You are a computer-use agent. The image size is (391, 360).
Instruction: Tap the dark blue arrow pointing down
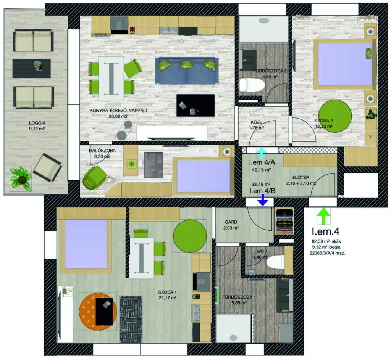click(262, 200)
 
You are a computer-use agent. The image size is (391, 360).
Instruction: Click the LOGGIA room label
click(37, 123)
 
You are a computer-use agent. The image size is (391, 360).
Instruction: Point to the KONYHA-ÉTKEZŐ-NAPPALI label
click(118, 111)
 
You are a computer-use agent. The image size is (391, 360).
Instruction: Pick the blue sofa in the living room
click(187, 71)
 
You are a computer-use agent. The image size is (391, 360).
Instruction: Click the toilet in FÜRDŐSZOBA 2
click(252, 85)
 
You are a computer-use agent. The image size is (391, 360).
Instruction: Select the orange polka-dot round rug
click(98, 312)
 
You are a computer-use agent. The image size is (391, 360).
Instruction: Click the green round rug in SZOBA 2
click(335, 116)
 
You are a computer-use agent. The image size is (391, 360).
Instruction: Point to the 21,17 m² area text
click(167, 298)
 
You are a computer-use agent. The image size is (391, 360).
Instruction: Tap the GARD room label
click(231, 222)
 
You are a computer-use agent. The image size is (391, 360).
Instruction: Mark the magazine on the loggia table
click(39, 66)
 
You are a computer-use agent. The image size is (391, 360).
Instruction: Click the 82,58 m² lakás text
click(326, 241)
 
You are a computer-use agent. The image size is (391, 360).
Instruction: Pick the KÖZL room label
click(256, 122)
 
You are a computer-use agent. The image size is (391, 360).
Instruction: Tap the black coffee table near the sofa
click(195, 105)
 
